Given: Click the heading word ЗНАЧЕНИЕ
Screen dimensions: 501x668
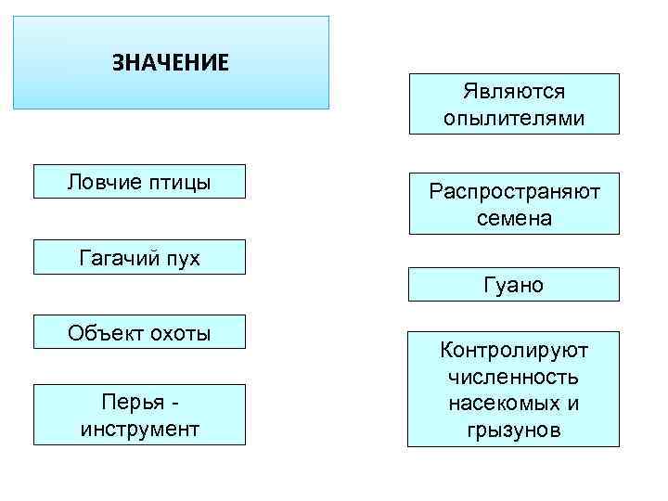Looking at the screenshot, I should pyautogui.click(x=171, y=63).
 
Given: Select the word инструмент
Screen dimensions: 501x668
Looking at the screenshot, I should pyautogui.click(x=139, y=430).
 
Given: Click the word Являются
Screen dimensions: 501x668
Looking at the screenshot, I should pyautogui.click(x=514, y=92).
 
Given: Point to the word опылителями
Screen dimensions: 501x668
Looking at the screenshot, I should pyautogui.click(x=514, y=118).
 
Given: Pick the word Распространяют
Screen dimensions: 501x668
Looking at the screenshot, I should pyautogui.click(x=514, y=192).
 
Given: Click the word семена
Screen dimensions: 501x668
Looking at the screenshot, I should pyautogui.click(x=514, y=218).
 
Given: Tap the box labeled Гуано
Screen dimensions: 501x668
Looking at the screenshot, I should pyautogui.click(x=514, y=285).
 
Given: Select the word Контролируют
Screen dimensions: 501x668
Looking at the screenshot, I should pyautogui.click(x=514, y=351).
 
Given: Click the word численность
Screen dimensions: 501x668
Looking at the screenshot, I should pyautogui.click(x=514, y=378).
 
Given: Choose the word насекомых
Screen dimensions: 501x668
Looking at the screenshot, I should pyautogui.click(x=501, y=405).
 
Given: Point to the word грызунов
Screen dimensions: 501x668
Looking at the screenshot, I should pyautogui.click(x=514, y=430).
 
